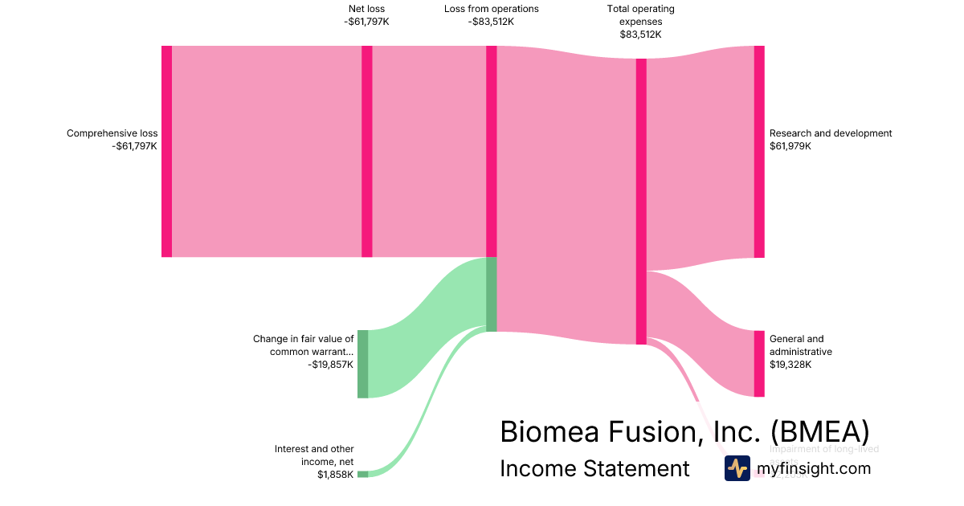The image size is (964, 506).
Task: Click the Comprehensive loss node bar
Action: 166,151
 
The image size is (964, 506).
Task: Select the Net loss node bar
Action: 367,151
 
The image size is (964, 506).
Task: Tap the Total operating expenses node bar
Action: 641,201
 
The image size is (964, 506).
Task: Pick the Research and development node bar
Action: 759,151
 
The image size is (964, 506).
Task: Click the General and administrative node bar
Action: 759,363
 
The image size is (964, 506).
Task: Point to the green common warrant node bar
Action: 363,363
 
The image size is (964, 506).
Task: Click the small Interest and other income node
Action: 363,475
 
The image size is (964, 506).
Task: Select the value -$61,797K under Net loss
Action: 366,22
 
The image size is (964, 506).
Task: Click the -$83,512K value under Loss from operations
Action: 491,22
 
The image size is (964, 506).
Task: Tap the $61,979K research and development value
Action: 790,146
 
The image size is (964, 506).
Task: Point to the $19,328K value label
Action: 790,365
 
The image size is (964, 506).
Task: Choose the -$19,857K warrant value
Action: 330,365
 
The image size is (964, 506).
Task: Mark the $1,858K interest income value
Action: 336,475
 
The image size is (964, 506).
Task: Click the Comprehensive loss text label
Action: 112,133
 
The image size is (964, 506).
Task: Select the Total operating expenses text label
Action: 641,15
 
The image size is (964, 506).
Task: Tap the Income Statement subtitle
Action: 594,468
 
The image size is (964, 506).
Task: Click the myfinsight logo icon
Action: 737,468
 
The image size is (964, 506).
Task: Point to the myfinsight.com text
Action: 813,468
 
